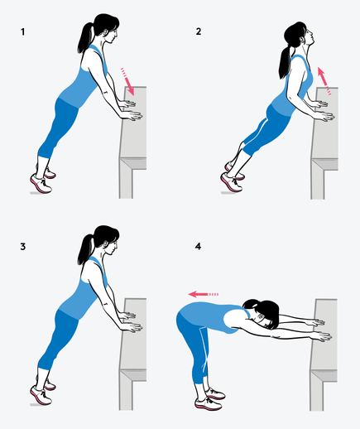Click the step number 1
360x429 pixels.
click(23, 32)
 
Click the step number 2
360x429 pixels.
click(199, 31)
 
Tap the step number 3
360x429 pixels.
click(23, 247)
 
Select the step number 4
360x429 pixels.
click(198, 246)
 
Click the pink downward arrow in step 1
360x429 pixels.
click(127, 82)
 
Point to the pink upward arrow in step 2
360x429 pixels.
click(324, 81)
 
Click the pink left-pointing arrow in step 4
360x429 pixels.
click(204, 294)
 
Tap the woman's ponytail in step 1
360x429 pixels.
click(85, 38)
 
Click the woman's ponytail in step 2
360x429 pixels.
click(285, 62)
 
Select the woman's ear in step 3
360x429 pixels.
click(105, 244)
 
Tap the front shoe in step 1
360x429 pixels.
click(41, 183)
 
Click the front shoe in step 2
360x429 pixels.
click(231, 182)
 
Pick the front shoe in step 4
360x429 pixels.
click(209, 404)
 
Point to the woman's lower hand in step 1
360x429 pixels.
click(132, 115)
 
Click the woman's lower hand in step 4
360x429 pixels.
click(320, 336)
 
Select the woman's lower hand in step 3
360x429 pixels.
click(132, 327)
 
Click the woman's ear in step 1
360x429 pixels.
click(105, 32)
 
